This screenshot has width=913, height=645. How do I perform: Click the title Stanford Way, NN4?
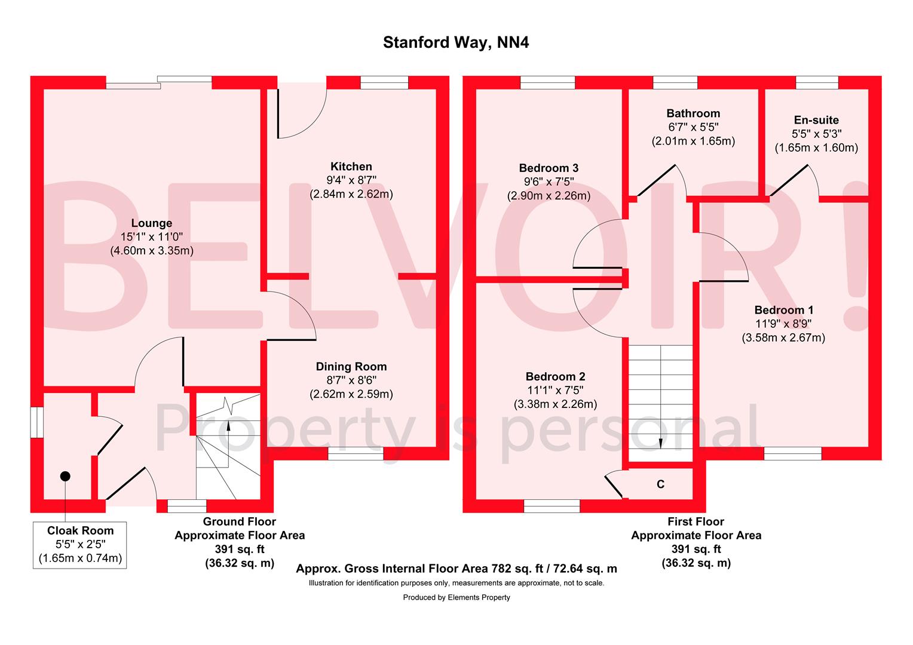(x=456, y=43)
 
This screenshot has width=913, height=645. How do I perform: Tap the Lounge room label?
(x=152, y=223)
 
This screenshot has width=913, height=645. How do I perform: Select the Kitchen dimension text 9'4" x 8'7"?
(x=351, y=180)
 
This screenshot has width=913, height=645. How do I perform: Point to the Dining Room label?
(x=351, y=367)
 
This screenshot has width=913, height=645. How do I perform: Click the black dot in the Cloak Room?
(x=65, y=475)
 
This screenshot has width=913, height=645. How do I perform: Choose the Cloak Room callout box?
(x=80, y=544)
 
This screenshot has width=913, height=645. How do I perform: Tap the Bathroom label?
(x=693, y=113)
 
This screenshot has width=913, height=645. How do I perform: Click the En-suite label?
(x=816, y=120)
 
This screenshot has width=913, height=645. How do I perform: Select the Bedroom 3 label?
(x=549, y=168)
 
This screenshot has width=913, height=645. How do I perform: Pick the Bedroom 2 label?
(x=555, y=377)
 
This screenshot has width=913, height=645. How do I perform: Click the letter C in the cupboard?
(x=660, y=484)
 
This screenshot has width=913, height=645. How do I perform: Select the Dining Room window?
(x=356, y=454)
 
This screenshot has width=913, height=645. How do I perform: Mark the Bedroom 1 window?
(x=792, y=454)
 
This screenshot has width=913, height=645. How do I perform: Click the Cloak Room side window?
(x=37, y=422)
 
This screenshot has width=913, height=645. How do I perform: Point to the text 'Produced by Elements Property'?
(x=456, y=597)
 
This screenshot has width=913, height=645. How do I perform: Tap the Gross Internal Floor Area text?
(x=456, y=569)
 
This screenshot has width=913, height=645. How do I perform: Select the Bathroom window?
(x=675, y=82)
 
